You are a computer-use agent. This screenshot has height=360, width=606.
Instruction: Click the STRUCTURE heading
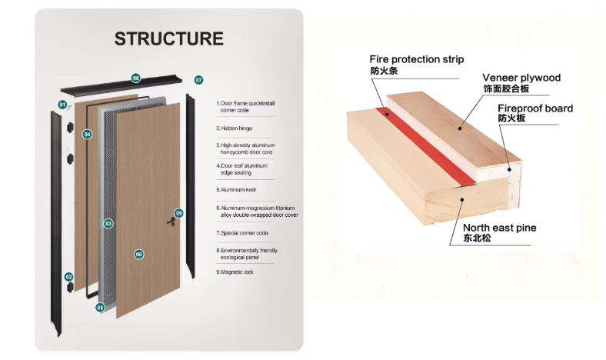tap(169, 38)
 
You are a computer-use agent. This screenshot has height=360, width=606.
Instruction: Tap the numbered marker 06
tap(136, 78)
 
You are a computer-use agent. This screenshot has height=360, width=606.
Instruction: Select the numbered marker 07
tap(198, 80)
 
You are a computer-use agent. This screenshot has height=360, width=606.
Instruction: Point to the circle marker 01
tap(62, 104)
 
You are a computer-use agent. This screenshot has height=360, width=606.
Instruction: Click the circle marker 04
tap(88, 135)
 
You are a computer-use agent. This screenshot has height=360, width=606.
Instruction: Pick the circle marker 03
tap(108, 223)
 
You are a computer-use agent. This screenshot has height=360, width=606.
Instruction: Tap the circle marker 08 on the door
tap(139, 254)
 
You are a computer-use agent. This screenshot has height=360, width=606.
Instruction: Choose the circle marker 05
tap(100, 307)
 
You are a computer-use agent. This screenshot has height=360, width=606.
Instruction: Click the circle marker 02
tap(68, 276)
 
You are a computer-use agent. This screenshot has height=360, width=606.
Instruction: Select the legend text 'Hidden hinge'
tap(235, 128)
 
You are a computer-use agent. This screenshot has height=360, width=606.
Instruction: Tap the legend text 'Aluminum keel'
tap(237, 188)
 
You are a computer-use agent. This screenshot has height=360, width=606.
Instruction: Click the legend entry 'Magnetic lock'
tap(235, 272)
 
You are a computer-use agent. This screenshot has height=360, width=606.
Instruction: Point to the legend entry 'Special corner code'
tap(243, 232)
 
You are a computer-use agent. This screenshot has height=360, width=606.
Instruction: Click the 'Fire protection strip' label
tap(417, 59)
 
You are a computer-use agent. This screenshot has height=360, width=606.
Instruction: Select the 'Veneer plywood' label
tap(521, 78)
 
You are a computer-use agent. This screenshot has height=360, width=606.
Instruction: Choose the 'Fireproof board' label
tap(534, 108)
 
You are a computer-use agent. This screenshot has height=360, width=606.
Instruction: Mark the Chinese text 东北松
tap(477, 238)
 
